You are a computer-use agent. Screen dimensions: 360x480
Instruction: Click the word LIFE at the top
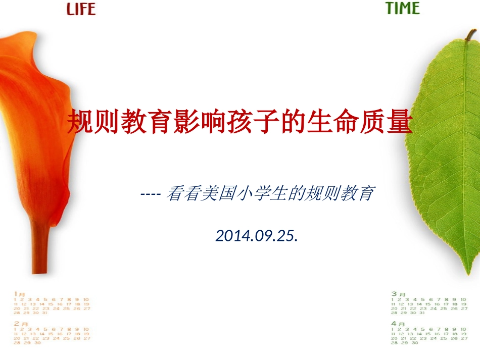pos(81,9)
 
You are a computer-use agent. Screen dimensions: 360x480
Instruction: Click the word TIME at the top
pos(403,9)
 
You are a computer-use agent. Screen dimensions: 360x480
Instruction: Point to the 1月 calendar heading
pos(19,293)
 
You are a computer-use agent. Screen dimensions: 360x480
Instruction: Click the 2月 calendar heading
pos(20,323)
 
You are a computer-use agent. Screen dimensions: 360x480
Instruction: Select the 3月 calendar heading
pos(398,293)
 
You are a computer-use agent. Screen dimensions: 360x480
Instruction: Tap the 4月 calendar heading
pos(398,323)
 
